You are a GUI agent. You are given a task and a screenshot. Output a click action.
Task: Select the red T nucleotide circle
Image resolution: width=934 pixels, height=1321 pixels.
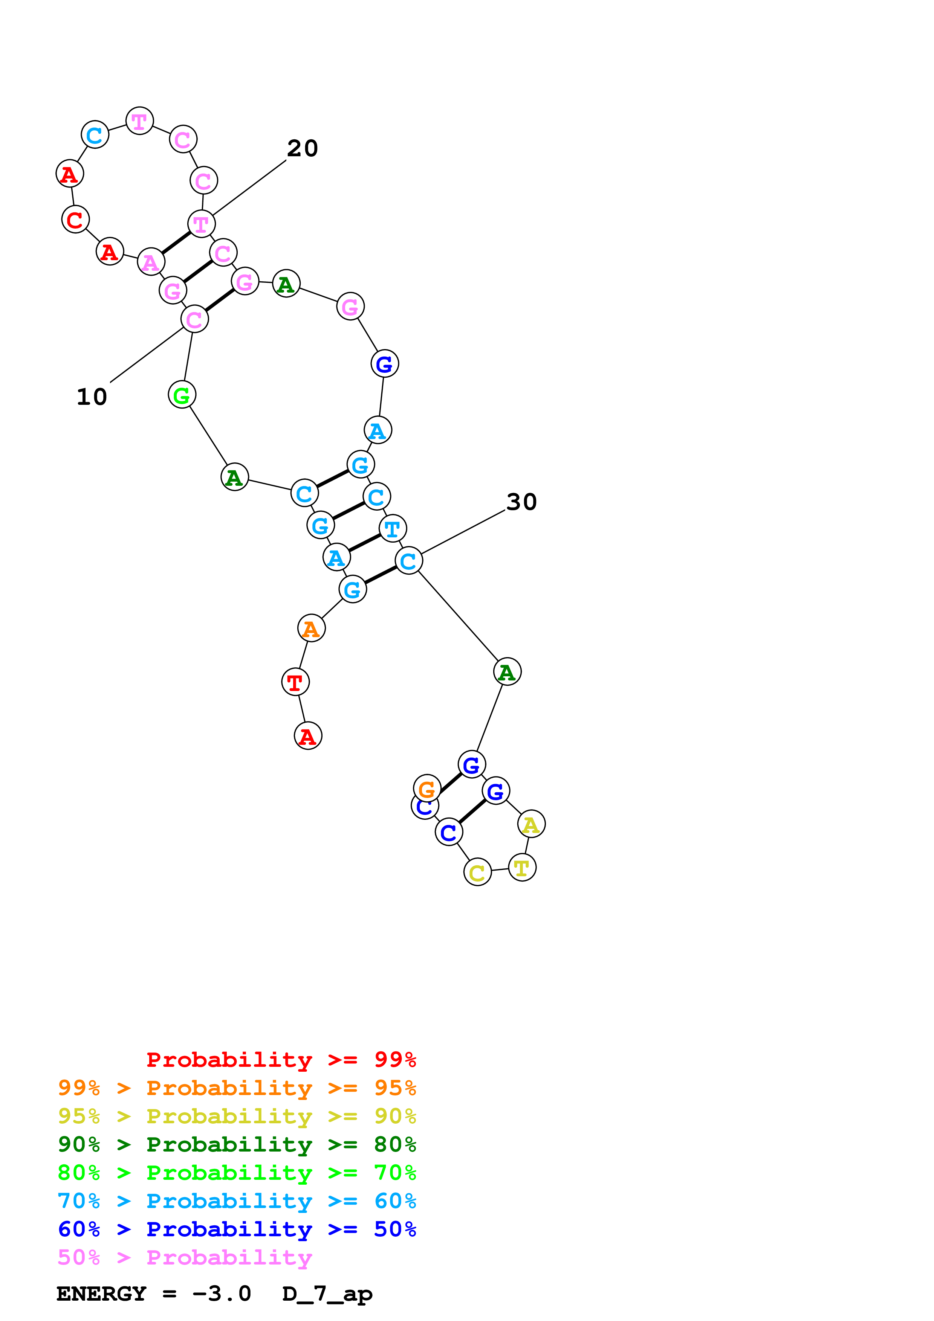click(295, 682)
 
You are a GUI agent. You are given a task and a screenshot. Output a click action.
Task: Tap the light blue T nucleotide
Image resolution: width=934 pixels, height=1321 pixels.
click(393, 528)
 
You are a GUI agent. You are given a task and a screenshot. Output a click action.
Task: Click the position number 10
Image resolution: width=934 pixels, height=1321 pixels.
click(92, 397)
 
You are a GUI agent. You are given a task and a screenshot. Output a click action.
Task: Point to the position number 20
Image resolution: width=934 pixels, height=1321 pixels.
click(302, 148)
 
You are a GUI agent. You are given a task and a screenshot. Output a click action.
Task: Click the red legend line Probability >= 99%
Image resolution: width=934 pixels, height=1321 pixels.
click(281, 1060)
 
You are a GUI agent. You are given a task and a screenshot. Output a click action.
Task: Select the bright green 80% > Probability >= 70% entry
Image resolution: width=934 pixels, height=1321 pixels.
click(237, 1173)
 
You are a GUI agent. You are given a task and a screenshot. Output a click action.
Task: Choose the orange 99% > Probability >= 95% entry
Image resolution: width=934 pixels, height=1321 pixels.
click(237, 1088)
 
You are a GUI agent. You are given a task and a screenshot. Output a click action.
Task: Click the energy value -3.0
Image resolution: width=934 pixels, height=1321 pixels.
click(222, 1294)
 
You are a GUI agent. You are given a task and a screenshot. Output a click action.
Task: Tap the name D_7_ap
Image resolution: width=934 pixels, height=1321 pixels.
click(327, 1294)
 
